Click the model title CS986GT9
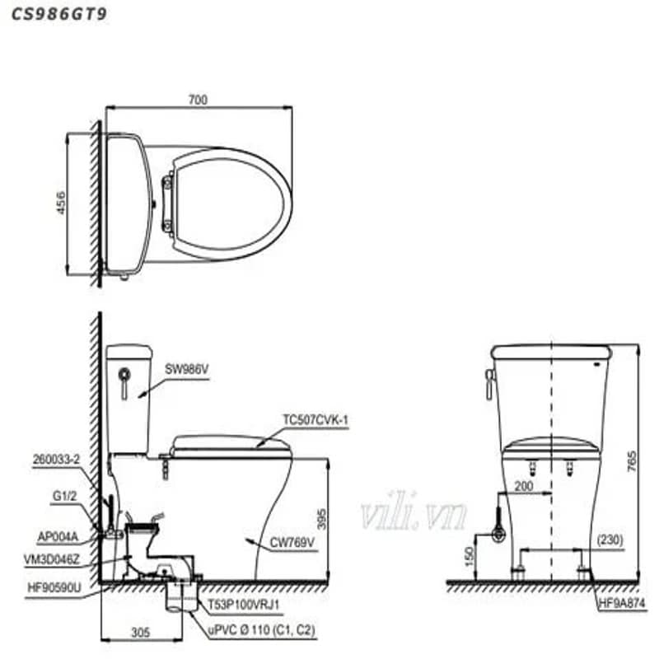click(58, 14)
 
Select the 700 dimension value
click(198, 100)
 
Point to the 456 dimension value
click(61, 203)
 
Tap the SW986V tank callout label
click(187, 369)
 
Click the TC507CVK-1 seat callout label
click(315, 419)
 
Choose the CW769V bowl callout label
click(292, 543)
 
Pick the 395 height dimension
click(321, 519)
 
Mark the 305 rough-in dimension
click(141, 632)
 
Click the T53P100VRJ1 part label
click(243, 605)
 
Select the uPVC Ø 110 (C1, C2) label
click(261, 630)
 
